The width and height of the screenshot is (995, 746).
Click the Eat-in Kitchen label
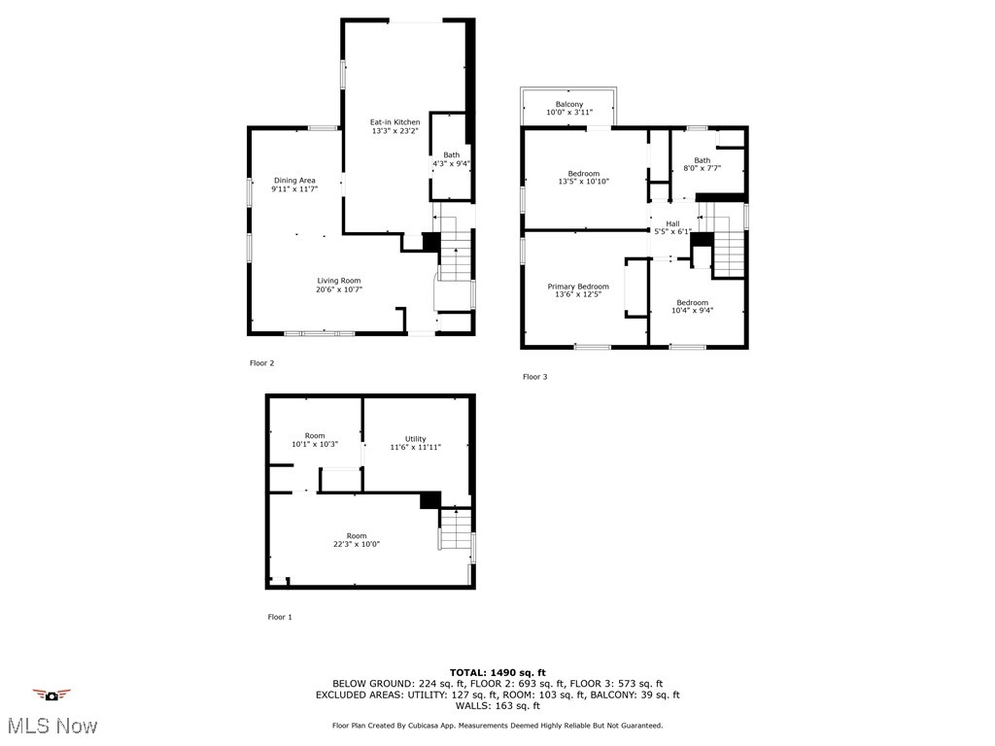(x=395, y=122)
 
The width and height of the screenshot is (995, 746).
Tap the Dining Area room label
(x=294, y=180)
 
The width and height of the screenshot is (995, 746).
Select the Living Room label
(x=338, y=281)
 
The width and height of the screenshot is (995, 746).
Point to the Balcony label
(x=569, y=104)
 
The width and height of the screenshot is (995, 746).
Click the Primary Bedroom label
(x=578, y=287)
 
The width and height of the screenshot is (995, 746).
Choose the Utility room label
(x=416, y=439)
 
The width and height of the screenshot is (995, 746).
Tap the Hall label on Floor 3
(x=672, y=223)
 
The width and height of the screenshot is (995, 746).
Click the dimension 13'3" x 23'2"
(x=395, y=131)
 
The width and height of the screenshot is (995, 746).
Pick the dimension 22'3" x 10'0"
(x=357, y=545)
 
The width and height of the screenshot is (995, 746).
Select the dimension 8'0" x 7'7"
(x=702, y=169)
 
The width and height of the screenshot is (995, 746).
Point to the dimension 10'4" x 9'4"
(x=693, y=311)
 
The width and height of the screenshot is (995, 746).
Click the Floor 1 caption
(x=279, y=617)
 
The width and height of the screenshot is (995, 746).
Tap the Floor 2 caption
(x=262, y=363)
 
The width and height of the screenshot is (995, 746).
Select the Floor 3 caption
(x=535, y=377)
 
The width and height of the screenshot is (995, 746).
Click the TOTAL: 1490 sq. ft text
(x=497, y=672)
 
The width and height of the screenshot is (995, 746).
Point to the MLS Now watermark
(x=51, y=726)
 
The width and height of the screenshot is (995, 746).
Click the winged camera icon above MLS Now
(x=51, y=695)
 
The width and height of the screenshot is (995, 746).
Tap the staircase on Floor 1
(x=455, y=530)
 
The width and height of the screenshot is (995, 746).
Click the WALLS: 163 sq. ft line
(x=497, y=706)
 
